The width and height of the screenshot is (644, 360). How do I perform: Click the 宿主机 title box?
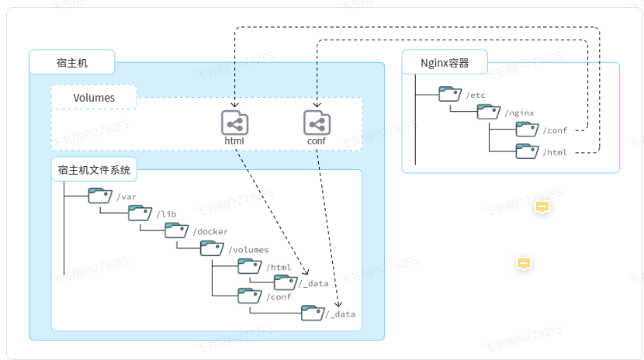(71, 61)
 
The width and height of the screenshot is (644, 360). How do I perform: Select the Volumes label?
(94, 98)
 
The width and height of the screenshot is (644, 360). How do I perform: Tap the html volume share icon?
(234, 123)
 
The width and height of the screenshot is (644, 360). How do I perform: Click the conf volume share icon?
(317, 123)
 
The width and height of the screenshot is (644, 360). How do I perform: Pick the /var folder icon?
(99, 196)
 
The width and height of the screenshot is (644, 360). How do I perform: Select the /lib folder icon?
(140, 213)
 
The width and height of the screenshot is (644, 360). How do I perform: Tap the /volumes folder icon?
(212, 248)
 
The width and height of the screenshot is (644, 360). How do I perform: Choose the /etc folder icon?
(450, 94)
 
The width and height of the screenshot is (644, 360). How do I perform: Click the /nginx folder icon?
(489, 112)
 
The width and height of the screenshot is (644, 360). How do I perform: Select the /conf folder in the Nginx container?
(527, 130)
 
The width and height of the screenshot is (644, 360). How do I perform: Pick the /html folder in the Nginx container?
(527, 151)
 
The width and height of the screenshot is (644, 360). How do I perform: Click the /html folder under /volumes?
(250, 266)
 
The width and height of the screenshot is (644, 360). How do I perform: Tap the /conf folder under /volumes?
(250, 295)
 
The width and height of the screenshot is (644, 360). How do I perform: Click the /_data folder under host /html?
(286, 282)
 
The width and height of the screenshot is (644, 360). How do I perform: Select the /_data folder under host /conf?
(312, 313)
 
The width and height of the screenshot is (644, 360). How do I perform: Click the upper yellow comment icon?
(542, 207)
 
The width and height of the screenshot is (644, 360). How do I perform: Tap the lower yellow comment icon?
(524, 264)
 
